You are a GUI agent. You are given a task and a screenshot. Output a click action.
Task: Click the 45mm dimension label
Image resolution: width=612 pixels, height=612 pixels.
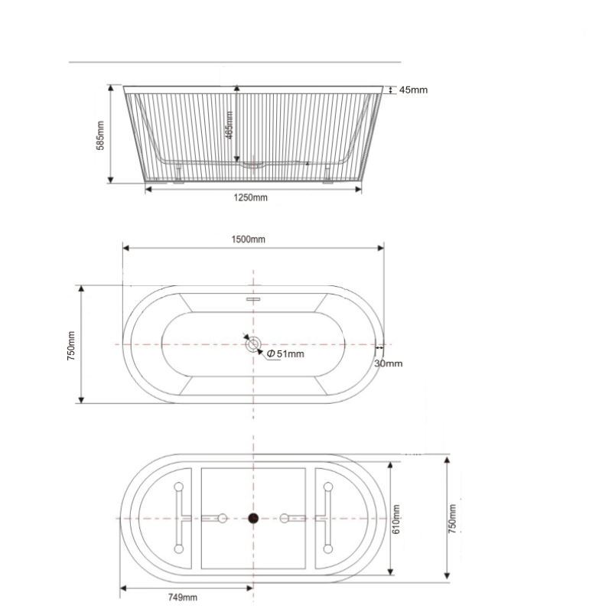(413, 90)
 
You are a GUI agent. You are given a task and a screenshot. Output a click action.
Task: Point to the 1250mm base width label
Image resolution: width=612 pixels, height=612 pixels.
(250, 198)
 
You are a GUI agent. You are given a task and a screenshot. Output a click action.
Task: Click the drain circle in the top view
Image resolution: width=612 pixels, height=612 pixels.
(253, 344)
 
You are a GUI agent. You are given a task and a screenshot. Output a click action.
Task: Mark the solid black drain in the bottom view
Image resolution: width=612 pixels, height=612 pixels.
(253, 519)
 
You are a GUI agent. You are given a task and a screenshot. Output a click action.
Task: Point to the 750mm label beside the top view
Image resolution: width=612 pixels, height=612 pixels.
(71, 345)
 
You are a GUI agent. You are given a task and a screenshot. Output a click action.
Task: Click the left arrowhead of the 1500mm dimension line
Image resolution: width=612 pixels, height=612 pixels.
(126, 248)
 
